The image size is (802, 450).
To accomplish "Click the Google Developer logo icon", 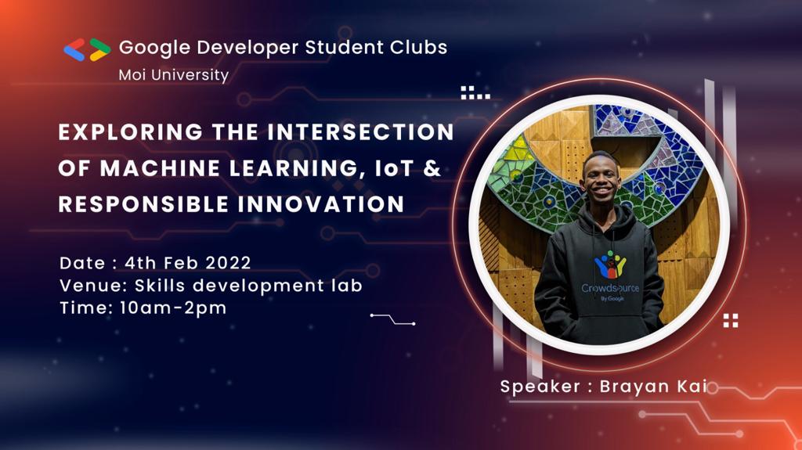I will click(87, 49).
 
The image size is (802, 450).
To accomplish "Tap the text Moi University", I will click(173, 75).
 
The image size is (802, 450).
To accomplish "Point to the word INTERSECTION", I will click(360, 132).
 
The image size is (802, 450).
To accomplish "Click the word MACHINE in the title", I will click(157, 168).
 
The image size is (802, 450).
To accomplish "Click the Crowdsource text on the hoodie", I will click(609, 288).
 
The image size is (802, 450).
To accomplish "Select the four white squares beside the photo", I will click(731, 319).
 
